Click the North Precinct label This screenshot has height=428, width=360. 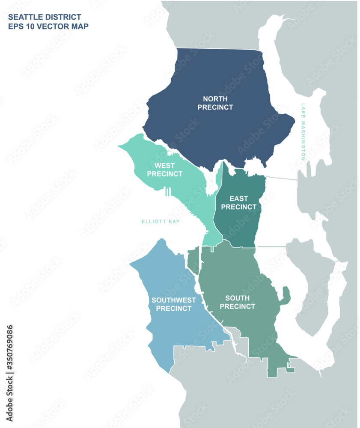(215, 103)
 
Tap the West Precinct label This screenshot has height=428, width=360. (164, 169)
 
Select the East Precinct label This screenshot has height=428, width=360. (239, 202)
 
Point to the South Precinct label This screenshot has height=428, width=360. (240, 302)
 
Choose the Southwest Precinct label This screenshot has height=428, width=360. (173, 304)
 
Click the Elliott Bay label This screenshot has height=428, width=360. (161, 222)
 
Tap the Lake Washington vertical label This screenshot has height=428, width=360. (303, 132)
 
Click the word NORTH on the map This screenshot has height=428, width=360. (215, 99)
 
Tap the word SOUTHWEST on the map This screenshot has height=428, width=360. (173, 300)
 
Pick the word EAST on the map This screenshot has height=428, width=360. (239, 199)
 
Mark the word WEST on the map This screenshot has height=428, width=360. (164, 165)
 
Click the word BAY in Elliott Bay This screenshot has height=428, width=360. (174, 222)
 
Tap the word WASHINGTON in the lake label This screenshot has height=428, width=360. (303, 141)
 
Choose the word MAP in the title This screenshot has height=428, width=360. (80, 26)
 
